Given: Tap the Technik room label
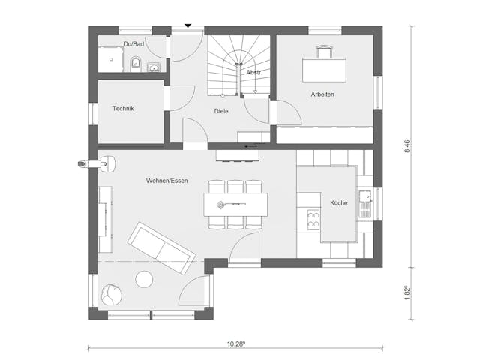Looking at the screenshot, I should click(x=123, y=109).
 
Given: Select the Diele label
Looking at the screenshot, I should click(x=220, y=111).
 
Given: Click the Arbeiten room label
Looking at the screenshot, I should click(x=322, y=94).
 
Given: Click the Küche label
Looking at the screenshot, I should click(x=338, y=202).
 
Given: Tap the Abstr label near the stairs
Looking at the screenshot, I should click(x=253, y=72).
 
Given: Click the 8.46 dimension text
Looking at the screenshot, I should click(x=408, y=146).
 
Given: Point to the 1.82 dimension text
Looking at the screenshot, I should click(x=408, y=292).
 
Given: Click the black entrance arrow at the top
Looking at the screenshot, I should click(x=187, y=26).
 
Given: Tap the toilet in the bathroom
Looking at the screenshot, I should click(x=136, y=61).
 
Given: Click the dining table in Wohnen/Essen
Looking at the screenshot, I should click(x=235, y=203).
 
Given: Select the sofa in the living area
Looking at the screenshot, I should click(x=158, y=247).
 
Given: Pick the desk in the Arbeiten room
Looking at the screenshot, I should click(x=324, y=69).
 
